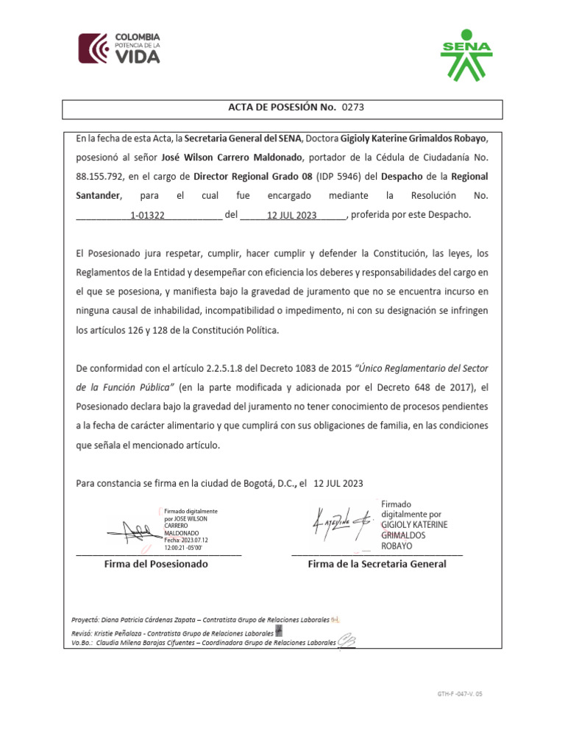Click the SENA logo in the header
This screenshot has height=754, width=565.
click(x=466, y=55)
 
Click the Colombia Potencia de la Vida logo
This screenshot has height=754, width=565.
click(x=119, y=49)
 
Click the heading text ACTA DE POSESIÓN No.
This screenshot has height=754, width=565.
click(x=282, y=108)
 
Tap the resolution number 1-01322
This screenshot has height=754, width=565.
click(x=147, y=216)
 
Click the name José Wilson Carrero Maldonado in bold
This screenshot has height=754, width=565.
click(x=232, y=158)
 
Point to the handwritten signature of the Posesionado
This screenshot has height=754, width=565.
click(x=131, y=530)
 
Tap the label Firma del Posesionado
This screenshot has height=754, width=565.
click(x=156, y=564)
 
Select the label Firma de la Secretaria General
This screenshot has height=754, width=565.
click(x=377, y=564)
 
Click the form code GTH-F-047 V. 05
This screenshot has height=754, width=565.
click(x=461, y=694)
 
